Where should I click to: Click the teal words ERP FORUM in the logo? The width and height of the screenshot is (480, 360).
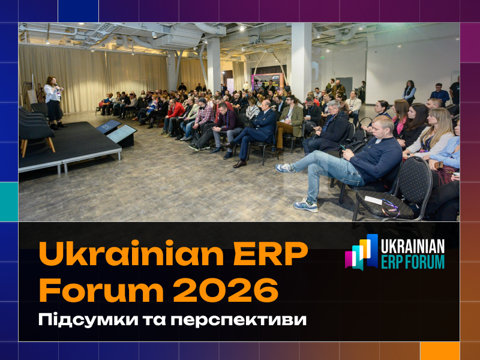[413, 262]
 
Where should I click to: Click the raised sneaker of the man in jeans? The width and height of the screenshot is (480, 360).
[285, 168]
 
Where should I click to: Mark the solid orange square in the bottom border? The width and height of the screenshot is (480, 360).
[439, 350]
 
